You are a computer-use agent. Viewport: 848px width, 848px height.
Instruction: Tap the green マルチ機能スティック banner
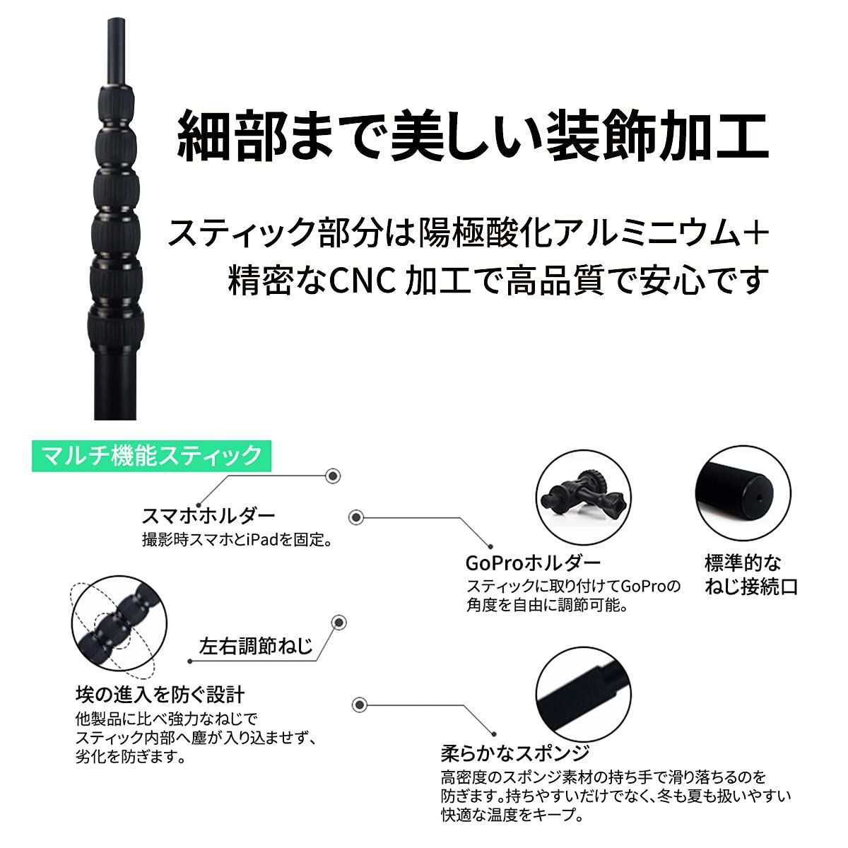148,455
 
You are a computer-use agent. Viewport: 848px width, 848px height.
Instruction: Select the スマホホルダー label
208,514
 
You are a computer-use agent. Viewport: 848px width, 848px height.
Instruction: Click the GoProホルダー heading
533,563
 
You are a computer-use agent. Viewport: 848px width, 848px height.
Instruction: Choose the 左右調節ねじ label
256,646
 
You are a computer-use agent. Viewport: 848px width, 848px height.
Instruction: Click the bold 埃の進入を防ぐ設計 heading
160,694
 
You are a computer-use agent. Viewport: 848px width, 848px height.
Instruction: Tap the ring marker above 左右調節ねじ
340,623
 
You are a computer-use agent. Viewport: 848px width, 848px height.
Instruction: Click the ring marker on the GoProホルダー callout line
357,518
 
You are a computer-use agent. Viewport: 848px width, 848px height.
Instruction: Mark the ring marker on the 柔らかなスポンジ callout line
359,705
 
